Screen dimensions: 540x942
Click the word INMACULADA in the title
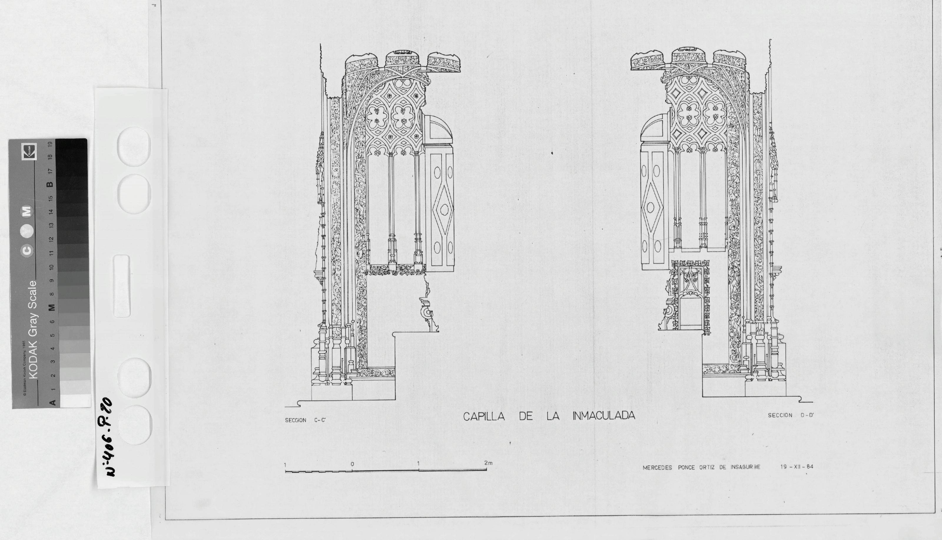pos(603,416)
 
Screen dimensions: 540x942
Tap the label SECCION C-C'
pos(305,420)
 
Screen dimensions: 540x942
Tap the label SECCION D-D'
pos(790,415)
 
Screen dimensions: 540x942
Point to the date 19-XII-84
pos(797,467)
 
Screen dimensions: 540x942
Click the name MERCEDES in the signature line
pos(657,468)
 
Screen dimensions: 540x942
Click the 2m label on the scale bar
pos(488,463)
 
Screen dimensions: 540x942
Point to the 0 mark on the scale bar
pos(352,464)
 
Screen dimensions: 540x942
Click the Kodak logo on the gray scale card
pos(29,152)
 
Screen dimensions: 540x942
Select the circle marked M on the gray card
pos(28,211)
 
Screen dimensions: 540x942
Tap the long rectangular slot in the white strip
pos(122,286)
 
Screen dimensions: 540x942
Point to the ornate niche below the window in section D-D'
pos(689,297)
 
